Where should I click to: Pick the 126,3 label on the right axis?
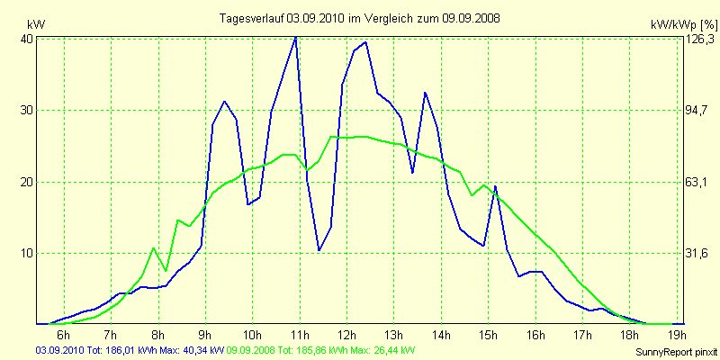pos(700,40)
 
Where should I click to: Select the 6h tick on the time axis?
pos(64,337)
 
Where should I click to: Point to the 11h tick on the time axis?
pos(299,337)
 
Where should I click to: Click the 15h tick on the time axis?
pos(488,337)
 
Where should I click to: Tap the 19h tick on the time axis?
pos(675,337)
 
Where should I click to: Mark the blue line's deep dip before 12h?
pos(319,250)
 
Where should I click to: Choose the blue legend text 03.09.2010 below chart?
pos(58,349)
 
